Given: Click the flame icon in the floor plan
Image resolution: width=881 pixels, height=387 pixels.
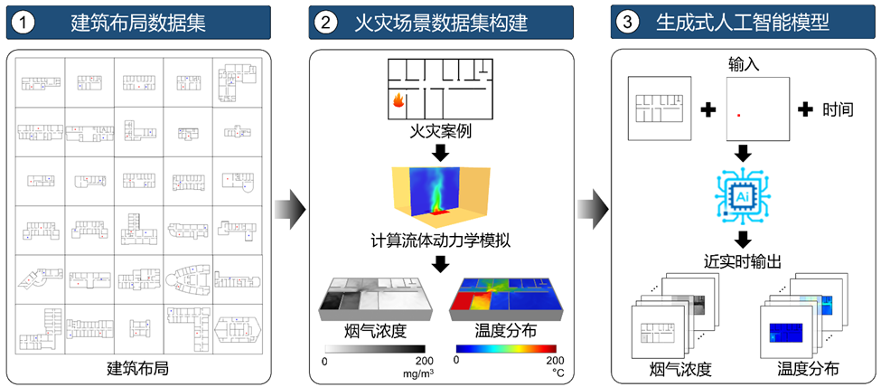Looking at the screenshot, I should click(x=396, y=103).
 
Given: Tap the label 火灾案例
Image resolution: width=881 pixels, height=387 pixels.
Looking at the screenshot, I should click(x=440, y=134).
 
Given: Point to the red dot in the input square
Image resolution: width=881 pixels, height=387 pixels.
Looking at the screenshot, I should click(x=739, y=116).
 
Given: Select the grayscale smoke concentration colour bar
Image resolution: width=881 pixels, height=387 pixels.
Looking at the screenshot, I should click(x=374, y=347).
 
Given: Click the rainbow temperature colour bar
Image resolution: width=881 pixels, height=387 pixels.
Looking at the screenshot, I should click(x=506, y=347).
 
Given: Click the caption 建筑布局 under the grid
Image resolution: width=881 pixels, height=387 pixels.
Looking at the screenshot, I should click(x=138, y=369).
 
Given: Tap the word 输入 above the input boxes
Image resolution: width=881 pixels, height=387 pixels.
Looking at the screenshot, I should click(x=743, y=65).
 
